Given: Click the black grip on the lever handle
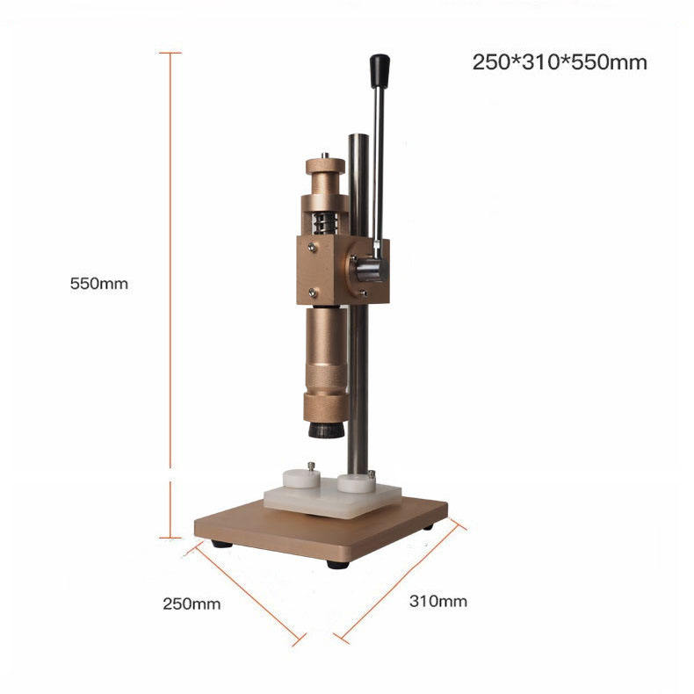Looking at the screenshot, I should tap(380, 70).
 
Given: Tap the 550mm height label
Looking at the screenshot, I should tap(99, 284).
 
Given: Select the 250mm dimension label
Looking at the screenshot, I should tap(192, 604).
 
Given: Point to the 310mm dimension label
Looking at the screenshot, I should tap(438, 601).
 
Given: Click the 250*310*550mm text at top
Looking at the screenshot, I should tap(560, 62).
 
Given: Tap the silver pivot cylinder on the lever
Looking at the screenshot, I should tap(366, 268).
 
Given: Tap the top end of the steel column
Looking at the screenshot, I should tap(358, 137).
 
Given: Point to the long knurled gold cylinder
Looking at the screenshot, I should tap(325, 360).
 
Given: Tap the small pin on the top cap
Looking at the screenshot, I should tap(325, 155).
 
